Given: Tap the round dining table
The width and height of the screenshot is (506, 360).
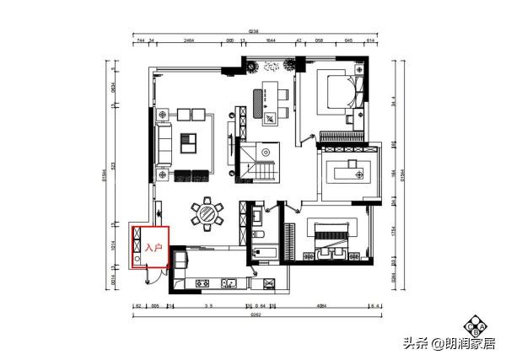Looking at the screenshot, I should pos(207,213).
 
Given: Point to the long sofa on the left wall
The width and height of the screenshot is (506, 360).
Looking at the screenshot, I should pos(164,142).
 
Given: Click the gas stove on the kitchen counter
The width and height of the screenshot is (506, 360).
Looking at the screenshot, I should pos(202,282).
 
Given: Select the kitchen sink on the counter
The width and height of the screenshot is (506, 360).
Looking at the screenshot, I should pos(234,282).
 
